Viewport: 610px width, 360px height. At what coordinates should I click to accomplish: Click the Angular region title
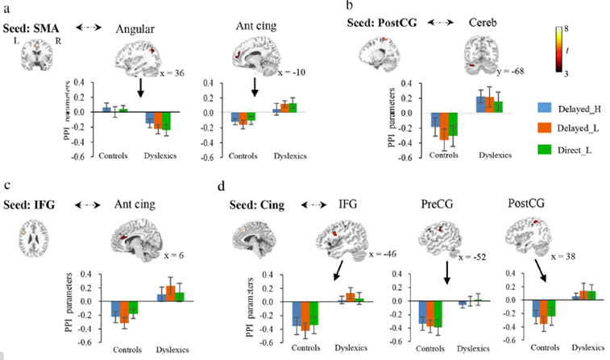[137, 29]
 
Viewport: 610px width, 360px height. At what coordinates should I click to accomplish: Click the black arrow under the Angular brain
[140, 86]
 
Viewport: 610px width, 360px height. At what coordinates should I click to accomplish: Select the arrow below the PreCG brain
[446, 273]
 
